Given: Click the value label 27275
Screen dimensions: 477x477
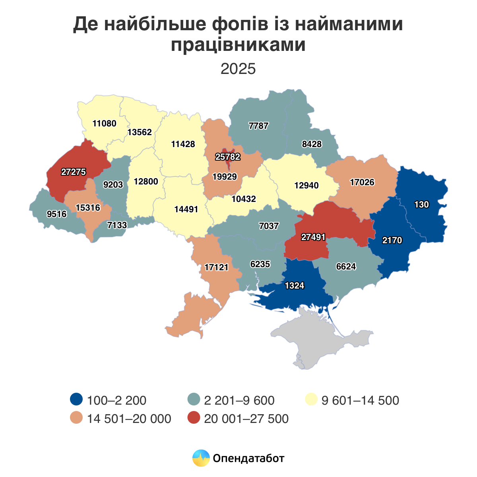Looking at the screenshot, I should [74, 172].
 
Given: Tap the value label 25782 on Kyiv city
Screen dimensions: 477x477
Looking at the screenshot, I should [228, 157].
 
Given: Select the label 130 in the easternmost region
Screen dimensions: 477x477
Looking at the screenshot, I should [421, 205].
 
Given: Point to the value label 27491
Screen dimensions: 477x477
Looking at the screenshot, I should [313, 237].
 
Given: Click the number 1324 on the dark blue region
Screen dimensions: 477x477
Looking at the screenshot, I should [295, 285].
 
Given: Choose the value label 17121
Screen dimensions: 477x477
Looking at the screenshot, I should [217, 267].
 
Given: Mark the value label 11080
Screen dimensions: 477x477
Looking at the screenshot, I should [104, 123].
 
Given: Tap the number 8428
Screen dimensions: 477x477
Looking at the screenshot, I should [312, 144].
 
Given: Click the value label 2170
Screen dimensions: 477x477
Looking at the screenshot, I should [392, 240].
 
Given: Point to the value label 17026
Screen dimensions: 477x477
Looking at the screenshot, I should [362, 182].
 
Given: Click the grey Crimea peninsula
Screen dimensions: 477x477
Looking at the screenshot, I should [318, 338].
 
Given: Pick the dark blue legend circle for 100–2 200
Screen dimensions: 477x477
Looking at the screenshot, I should [76, 399].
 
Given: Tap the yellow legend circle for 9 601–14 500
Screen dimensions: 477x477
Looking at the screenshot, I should [311, 399].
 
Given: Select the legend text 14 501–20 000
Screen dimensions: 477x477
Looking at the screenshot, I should [129, 419].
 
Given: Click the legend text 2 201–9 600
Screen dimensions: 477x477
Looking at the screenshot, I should [239, 400].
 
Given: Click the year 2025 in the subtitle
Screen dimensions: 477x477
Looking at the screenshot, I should [238, 69].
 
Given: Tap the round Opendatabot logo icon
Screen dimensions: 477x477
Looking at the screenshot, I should [201, 458].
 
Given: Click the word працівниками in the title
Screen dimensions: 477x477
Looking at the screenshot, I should [238, 45].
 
